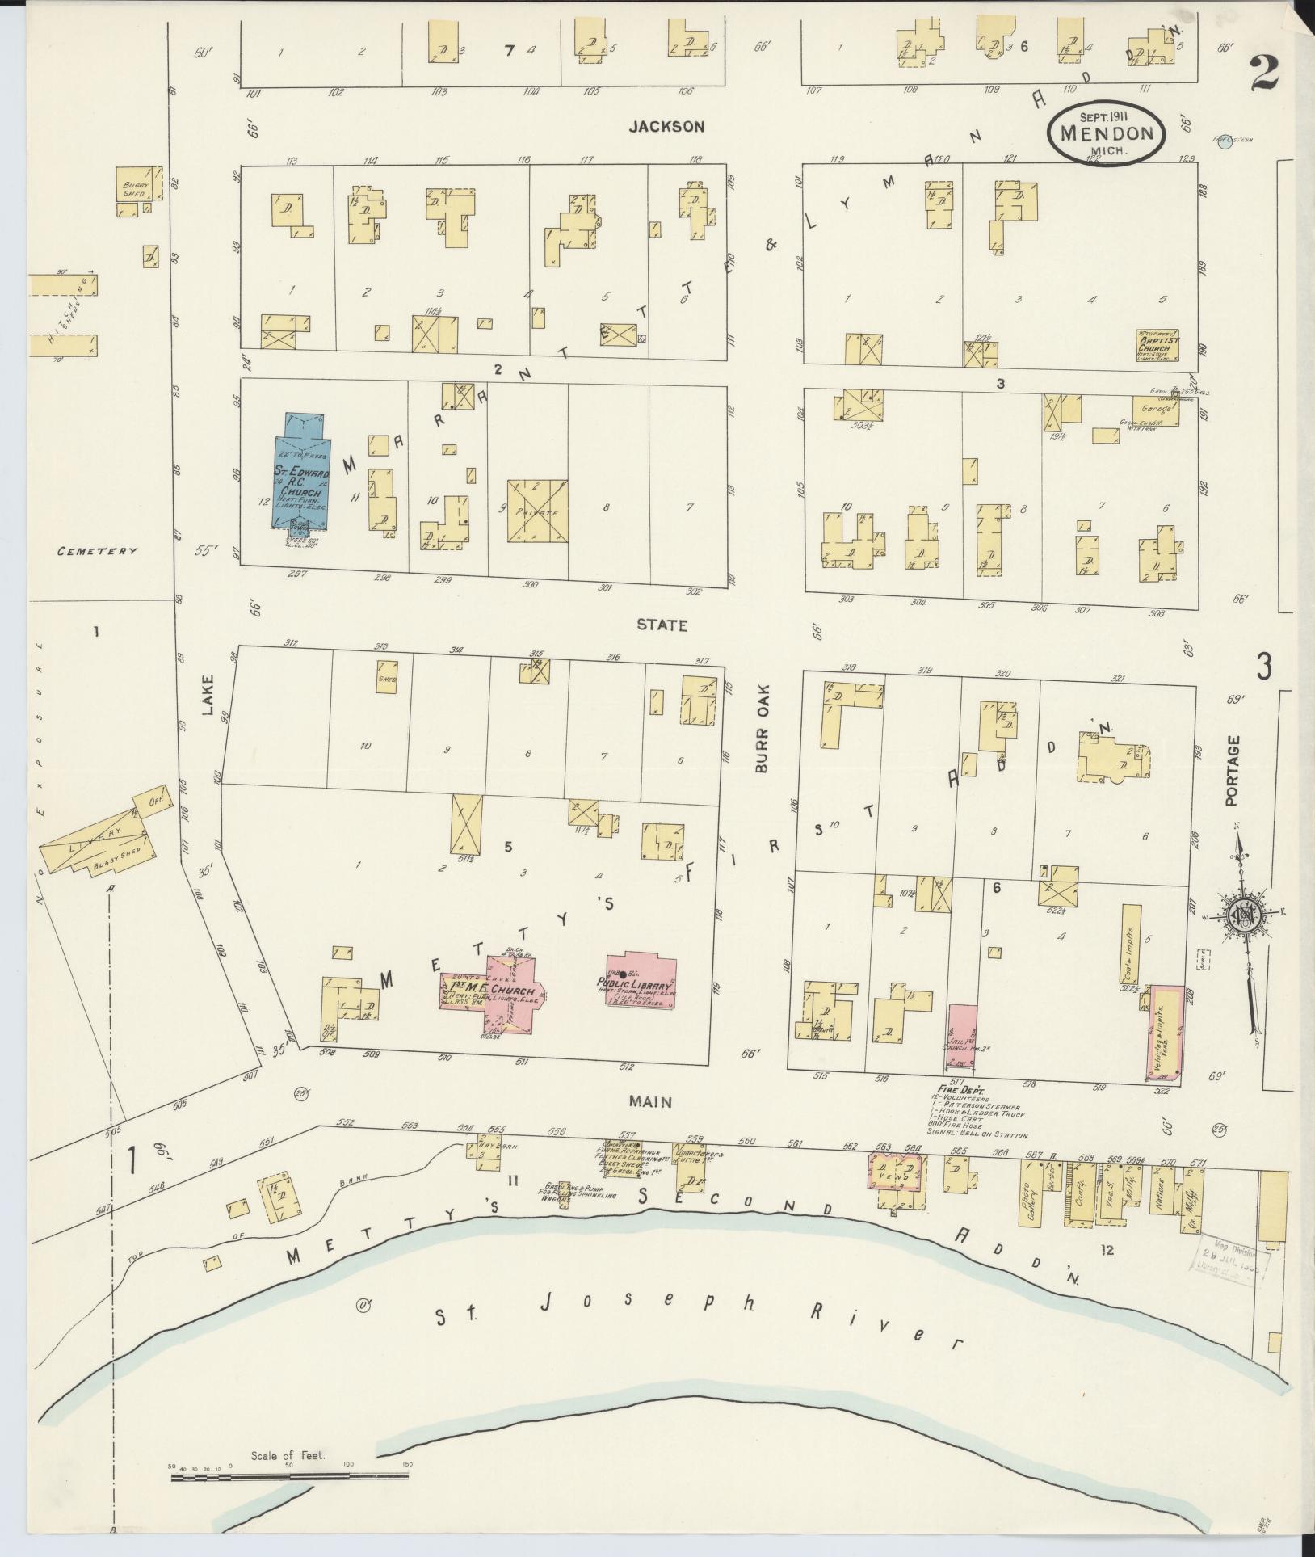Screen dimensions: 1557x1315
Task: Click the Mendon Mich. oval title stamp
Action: [1107, 133]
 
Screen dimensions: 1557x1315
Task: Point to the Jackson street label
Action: [667, 126]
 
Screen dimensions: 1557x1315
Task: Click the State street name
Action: [662, 625]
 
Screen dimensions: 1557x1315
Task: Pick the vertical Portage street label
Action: [1231, 770]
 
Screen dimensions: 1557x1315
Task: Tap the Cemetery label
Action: [97, 551]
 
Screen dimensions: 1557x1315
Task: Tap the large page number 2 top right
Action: [1262, 76]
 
